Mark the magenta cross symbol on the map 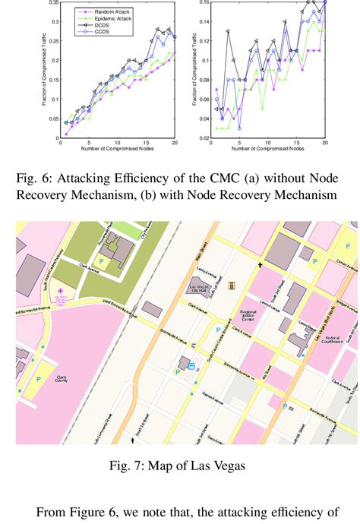pos(61,291)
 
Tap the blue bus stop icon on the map pos(191,366)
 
